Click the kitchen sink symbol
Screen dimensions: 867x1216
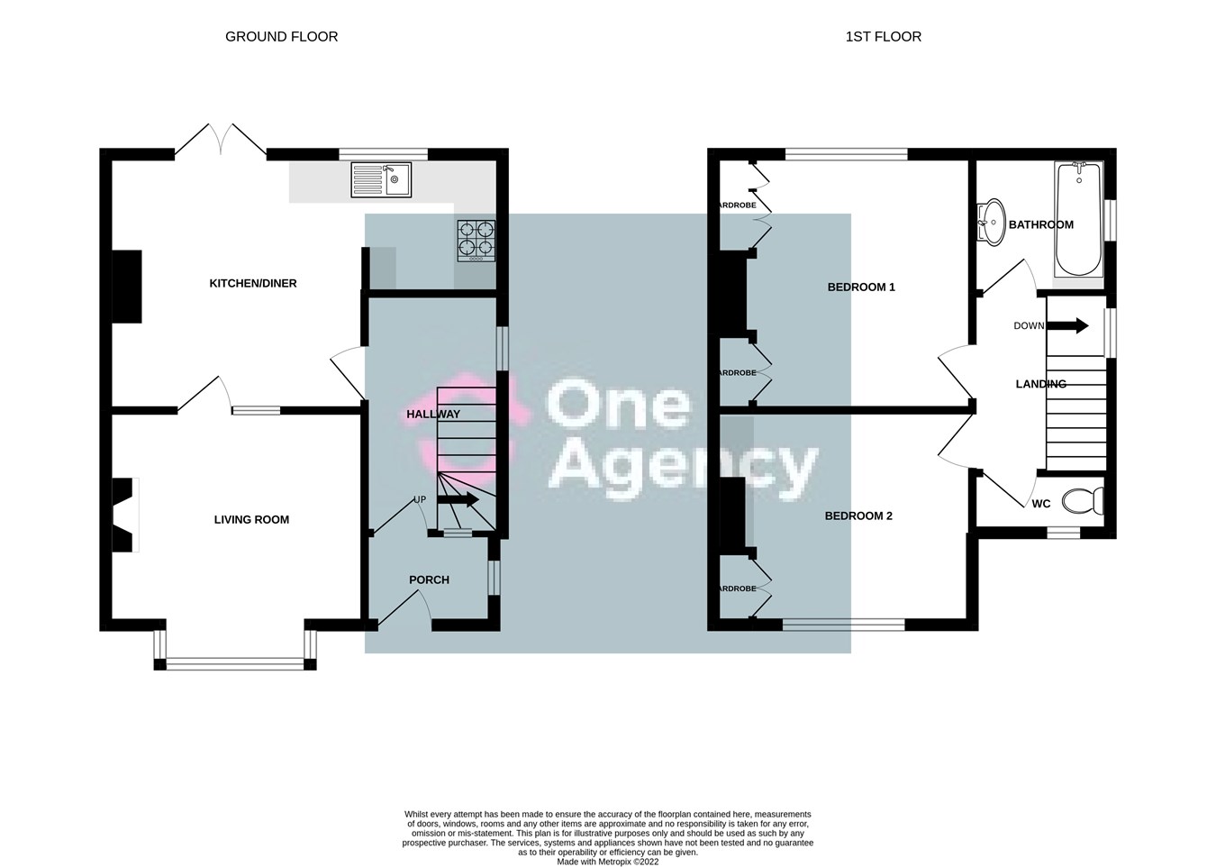coord(381,179)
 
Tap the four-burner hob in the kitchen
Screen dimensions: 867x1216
coord(476,241)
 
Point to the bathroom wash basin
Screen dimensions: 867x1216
coord(991,221)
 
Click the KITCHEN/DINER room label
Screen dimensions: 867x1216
coord(253,283)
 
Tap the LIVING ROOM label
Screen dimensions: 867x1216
coord(251,519)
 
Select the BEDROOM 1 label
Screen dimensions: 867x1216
coord(861,287)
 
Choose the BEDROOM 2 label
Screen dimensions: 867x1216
coord(858,516)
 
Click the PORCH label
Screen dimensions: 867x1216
coord(429,580)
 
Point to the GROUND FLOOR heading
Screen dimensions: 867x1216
coord(281,37)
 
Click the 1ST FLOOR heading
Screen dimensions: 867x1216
coord(883,37)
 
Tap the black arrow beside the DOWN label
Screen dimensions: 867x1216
coord(1072,325)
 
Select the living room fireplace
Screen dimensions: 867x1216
coord(123,514)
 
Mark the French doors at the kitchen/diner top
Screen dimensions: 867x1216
coord(221,140)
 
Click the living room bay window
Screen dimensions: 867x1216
coord(235,663)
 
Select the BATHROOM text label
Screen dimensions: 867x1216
coord(1040,224)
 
